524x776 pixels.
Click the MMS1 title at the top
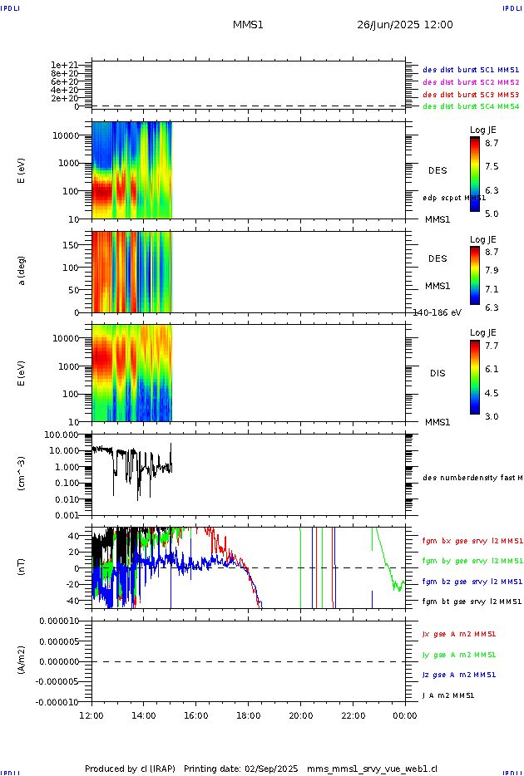click(248, 25)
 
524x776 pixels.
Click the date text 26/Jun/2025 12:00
click(405, 25)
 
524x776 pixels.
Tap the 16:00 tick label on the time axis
click(195, 715)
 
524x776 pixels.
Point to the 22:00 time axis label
click(353, 715)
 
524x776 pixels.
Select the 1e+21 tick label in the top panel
click(64, 65)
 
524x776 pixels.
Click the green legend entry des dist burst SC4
click(471, 106)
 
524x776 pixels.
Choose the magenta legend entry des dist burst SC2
click(471, 82)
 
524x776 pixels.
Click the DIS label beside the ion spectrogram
click(437, 373)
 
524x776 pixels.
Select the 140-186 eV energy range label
click(437, 312)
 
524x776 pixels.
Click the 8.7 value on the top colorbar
click(492, 143)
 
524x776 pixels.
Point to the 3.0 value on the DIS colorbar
click(492, 416)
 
